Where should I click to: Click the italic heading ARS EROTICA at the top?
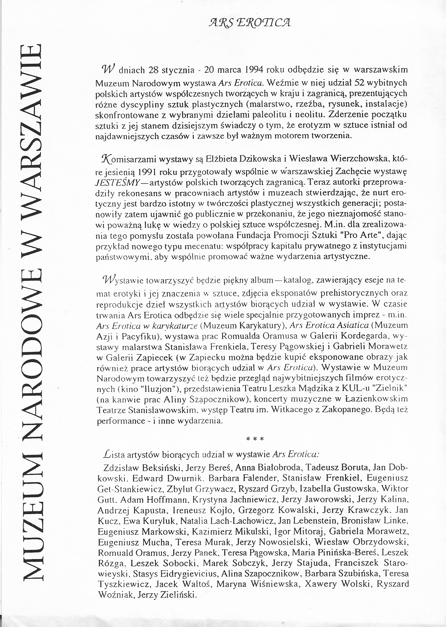(249, 23)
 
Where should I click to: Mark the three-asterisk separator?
(255, 439)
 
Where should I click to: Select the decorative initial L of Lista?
(107, 455)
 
